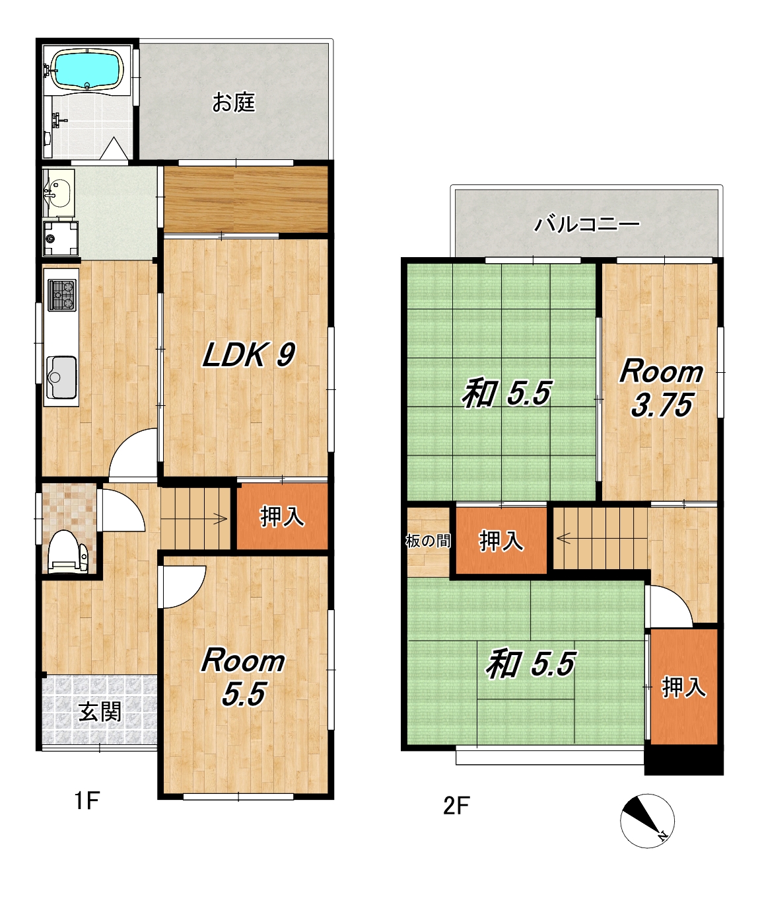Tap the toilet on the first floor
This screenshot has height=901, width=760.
[67, 552]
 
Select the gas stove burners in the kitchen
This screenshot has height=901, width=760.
[63, 295]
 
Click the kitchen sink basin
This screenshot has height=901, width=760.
[61, 377]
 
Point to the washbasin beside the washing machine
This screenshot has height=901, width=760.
[58, 193]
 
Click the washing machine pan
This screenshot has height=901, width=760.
[61, 239]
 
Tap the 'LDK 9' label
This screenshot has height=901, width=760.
[249, 355]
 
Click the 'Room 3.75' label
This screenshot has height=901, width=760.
[661, 387]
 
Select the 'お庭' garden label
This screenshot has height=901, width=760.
[234, 102]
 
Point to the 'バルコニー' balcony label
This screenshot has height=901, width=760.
[587, 224]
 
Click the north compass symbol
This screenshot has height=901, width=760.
[647, 821]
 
